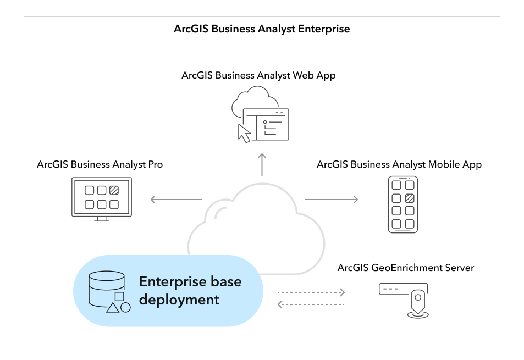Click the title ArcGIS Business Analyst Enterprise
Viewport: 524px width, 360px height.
tap(262, 29)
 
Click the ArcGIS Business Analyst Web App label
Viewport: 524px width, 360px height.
tap(258, 75)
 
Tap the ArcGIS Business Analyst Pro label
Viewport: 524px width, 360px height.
tap(100, 164)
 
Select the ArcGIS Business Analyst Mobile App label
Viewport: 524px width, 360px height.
tap(399, 164)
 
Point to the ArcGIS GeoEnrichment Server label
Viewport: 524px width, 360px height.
tap(406, 268)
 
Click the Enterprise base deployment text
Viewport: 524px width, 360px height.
tap(190, 291)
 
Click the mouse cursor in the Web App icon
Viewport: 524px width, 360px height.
tap(244, 133)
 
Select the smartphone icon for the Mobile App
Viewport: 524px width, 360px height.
tap(403, 204)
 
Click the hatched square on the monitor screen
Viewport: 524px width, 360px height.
tap(114, 191)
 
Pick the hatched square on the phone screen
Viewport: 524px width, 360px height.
tap(409, 198)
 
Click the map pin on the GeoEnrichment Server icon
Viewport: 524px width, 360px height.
tap(419, 301)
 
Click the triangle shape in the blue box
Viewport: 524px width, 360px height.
tap(113, 307)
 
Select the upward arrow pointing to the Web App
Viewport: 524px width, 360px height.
tap(262, 164)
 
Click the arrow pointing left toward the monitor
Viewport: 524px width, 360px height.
tap(176, 200)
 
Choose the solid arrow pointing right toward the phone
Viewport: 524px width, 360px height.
tap(332, 200)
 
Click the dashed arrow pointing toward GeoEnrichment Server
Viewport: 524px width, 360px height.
tap(311, 292)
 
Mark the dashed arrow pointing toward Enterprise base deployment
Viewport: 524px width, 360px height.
tap(311, 304)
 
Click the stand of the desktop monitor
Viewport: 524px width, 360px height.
tap(101, 219)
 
